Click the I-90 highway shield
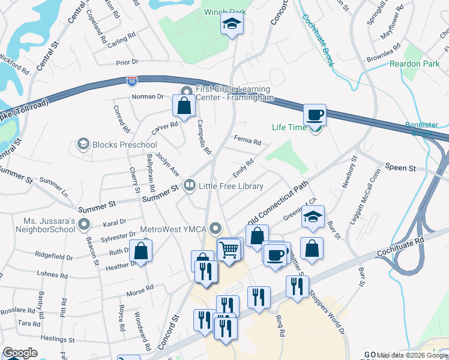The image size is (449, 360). [x=132, y=79]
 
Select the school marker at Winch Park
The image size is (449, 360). [x=231, y=25]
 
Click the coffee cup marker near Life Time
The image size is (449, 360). [x=314, y=115]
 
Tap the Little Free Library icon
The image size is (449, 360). [x=190, y=185]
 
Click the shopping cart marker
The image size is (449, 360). [x=229, y=248]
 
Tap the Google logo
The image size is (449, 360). [x=20, y=353]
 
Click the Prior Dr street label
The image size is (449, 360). [x=127, y=62]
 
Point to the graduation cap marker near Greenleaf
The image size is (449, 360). [x=313, y=217]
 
